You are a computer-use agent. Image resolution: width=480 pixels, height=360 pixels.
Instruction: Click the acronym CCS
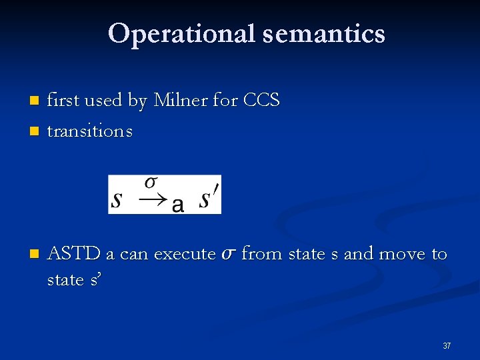click(x=261, y=101)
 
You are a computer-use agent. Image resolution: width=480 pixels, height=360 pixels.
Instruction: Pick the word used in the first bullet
click(x=103, y=101)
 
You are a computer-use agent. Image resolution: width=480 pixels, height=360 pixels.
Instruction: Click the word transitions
click(x=90, y=131)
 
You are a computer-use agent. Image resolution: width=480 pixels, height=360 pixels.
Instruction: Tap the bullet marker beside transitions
click(x=35, y=131)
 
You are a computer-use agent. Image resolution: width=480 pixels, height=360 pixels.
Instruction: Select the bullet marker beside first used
click(x=35, y=101)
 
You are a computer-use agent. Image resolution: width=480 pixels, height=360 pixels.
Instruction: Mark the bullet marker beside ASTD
click(x=35, y=255)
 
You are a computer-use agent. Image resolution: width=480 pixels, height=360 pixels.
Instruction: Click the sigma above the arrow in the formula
click(x=151, y=182)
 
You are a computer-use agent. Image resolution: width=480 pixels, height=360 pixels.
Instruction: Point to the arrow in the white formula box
click(x=155, y=199)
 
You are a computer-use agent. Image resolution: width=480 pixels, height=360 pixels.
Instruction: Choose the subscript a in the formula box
click(x=177, y=205)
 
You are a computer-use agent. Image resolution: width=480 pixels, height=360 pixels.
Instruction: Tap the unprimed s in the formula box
click(x=117, y=199)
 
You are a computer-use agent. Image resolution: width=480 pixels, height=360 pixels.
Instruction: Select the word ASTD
click(x=74, y=254)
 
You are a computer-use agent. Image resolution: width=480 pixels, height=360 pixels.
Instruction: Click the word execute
click(x=184, y=254)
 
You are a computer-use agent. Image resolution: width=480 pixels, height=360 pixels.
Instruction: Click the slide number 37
click(x=447, y=346)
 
